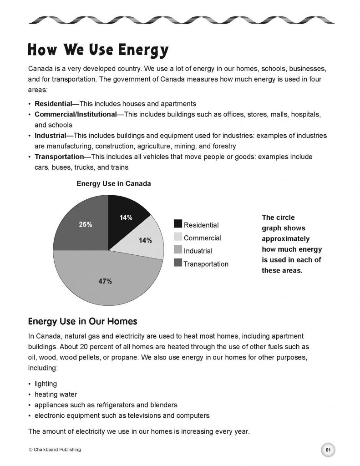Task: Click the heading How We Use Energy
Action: click(98, 50)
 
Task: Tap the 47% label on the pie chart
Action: click(105, 281)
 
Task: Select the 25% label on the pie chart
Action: click(86, 224)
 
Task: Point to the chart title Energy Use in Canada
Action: click(114, 184)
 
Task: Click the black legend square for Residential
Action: click(178, 224)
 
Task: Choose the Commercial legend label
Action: click(203, 238)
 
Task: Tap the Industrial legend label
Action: click(198, 251)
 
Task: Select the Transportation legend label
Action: click(206, 264)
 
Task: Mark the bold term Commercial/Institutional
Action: click(76, 114)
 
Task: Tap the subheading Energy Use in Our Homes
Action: click(82, 321)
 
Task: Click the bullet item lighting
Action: click(46, 384)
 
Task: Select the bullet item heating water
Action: click(56, 394)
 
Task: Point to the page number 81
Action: click(328, 450)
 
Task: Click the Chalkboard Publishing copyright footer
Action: click(55, 450)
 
